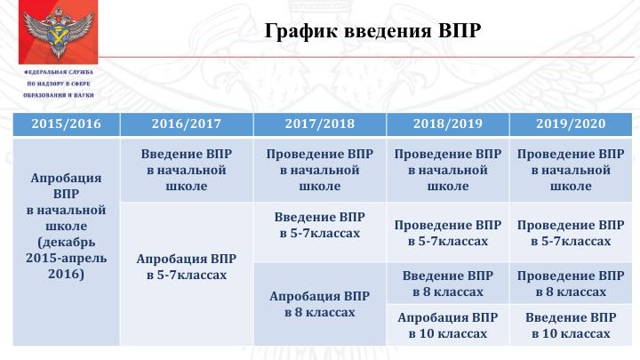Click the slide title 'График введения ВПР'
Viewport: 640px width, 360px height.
coord(372,30)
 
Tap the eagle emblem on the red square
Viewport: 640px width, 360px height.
coord(58,32)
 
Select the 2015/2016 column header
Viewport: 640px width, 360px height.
coord(66,124)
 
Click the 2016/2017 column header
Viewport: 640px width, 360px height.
coord(187,124)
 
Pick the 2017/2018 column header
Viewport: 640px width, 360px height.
coord(320,124)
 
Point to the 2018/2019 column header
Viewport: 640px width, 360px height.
coord(448,124)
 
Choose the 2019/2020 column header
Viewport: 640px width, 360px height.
coord(571,124)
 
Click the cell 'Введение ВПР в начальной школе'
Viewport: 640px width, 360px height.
coord(187,170)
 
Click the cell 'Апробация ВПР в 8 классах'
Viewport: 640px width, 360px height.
coord(320,304)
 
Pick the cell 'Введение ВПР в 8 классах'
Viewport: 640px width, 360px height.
coord(448,284)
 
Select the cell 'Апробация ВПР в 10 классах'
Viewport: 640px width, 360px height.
coord(448,325)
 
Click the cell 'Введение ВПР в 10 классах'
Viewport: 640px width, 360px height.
coord(571,325)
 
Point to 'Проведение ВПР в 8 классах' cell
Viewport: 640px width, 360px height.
coord(571,284)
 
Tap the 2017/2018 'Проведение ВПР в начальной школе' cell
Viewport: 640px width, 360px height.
coord(320,170)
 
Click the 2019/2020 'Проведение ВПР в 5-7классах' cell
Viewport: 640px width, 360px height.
coord(571,232)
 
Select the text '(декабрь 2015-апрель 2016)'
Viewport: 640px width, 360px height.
coord(66,258)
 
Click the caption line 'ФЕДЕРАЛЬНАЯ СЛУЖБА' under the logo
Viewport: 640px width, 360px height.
coord(59,72)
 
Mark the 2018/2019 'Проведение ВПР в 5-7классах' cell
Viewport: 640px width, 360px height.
coord(448,232)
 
